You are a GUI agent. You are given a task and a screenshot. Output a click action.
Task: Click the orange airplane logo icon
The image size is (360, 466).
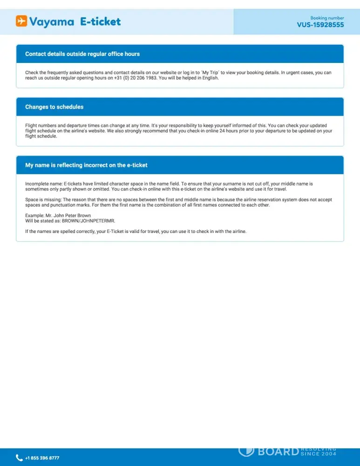(21, 21)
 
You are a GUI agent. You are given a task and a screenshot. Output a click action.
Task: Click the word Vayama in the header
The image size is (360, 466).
(52, 21)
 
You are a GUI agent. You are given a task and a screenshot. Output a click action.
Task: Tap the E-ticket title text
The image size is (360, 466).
(100, 21)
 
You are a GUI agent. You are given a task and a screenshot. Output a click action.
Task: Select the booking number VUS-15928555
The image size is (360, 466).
(320, 25)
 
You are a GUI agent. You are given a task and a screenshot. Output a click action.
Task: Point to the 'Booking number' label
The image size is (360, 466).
(327, 18)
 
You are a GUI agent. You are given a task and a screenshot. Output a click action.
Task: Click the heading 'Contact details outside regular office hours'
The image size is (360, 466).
(82, 54)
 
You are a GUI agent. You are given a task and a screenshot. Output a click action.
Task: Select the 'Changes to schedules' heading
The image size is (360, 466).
(54, 107)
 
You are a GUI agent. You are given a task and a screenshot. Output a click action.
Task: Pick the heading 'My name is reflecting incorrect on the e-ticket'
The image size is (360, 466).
(86, 165)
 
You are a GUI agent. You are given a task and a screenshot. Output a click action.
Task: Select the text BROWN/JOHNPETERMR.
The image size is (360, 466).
(88, 220)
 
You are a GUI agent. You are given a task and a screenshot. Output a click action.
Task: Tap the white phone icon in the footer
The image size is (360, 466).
(19, 458)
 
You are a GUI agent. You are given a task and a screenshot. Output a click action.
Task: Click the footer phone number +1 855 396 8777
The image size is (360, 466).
(42, 458)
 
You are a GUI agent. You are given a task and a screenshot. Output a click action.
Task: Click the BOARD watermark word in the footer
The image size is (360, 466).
(278, 451)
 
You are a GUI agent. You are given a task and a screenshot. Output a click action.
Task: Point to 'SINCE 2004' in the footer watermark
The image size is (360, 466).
(319, 453)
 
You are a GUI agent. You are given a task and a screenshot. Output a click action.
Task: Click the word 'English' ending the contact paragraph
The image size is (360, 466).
(210, 78)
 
